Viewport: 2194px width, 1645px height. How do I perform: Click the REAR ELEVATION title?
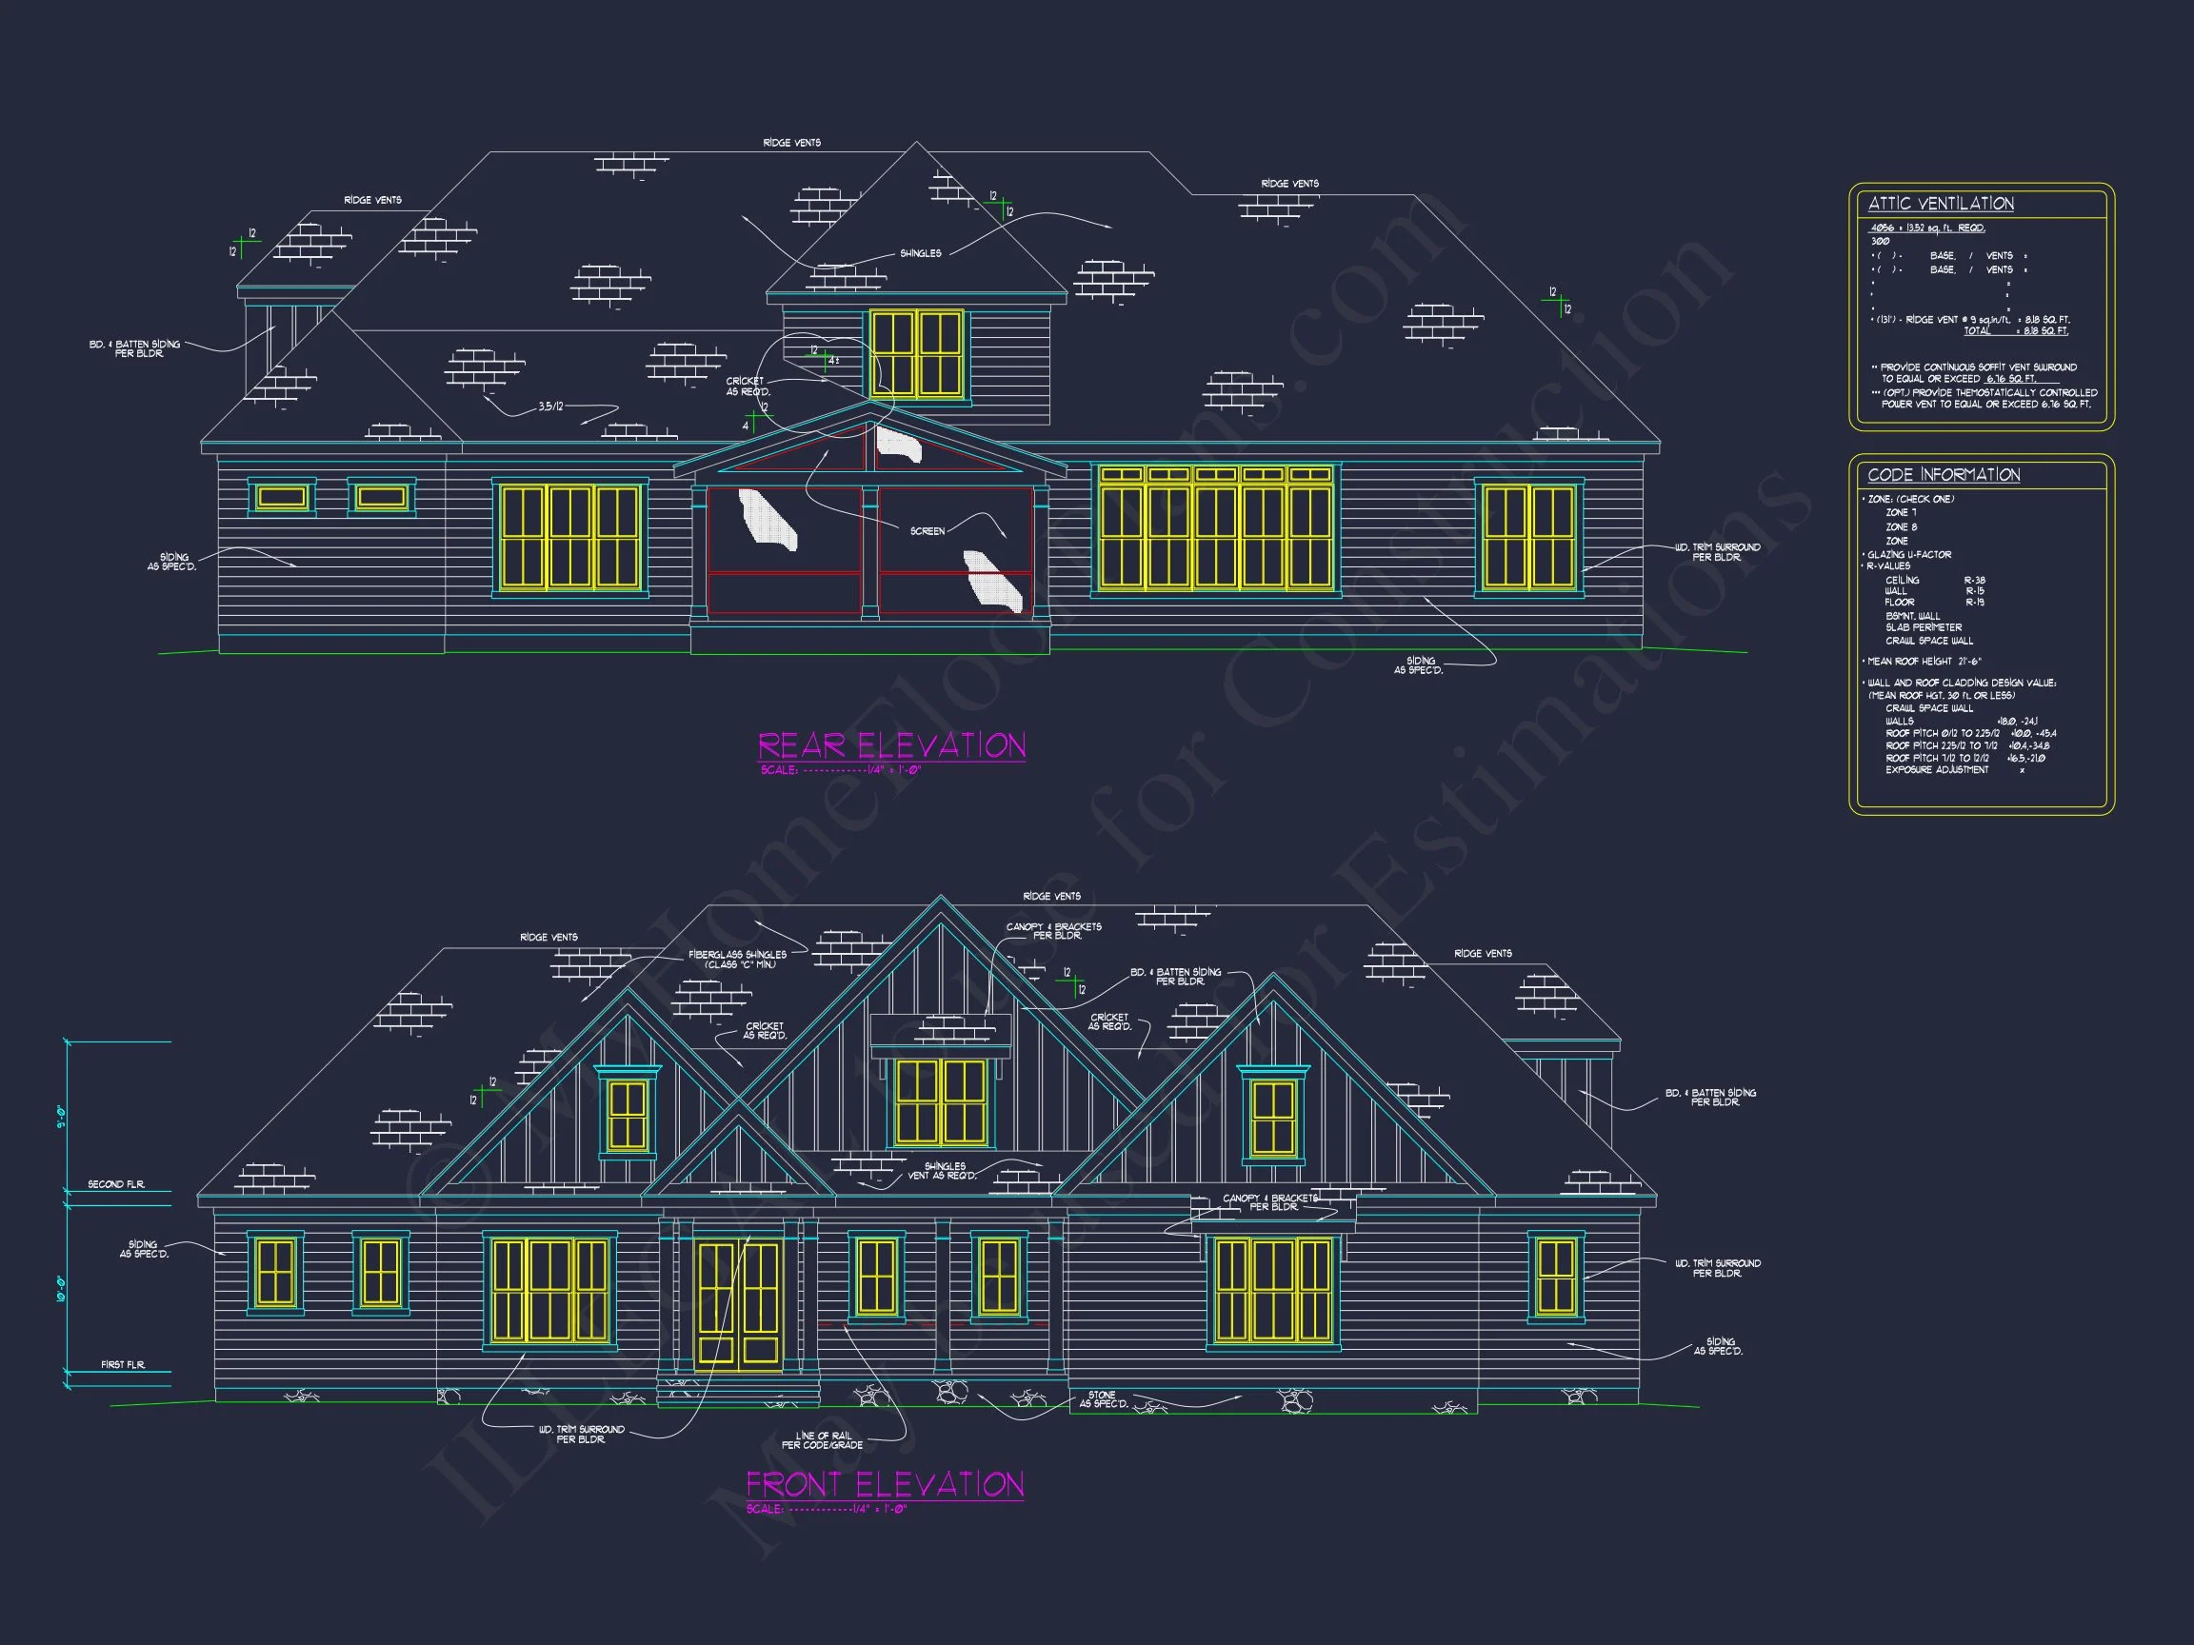891,745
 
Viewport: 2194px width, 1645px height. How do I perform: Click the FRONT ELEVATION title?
885,1484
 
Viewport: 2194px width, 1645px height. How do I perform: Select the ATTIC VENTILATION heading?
1941,205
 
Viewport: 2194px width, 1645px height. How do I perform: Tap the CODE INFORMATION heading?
1945,475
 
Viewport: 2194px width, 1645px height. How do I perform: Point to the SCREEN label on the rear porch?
927,531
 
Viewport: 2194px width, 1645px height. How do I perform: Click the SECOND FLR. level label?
116,1185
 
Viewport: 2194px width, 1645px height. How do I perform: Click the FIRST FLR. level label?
123,1365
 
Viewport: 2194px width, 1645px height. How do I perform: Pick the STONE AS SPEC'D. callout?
1102,1399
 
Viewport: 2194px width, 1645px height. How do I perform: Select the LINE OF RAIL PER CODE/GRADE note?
822,1439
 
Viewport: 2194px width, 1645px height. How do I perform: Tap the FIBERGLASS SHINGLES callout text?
737,959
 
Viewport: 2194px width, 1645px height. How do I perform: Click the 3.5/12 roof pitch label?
550,407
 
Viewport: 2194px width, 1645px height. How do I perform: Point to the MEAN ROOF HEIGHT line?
1925,662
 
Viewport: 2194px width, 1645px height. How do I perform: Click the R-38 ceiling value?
1975,581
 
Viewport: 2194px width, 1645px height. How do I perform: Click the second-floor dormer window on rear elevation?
916,354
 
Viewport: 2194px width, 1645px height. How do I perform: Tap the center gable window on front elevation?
940,1101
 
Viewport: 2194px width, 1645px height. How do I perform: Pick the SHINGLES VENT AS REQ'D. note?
944,1171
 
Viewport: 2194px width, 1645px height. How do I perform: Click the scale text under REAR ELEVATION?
841,770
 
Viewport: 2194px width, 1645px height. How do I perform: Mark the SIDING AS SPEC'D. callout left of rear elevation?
172,563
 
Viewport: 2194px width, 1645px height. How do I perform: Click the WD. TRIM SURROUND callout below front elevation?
581,1434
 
